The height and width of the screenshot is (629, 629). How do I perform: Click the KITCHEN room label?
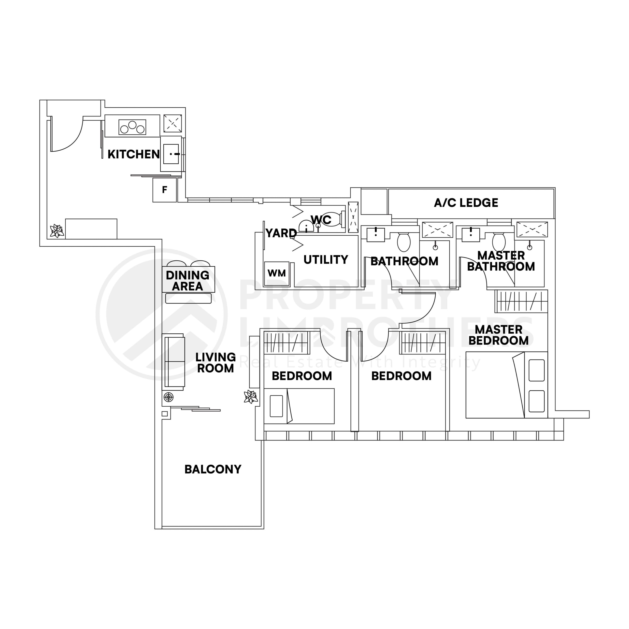(133, 154)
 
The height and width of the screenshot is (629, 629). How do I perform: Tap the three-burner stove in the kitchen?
(132, 127)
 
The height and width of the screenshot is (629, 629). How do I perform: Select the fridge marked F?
(165, 190)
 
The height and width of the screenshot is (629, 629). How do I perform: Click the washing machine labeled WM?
(277, 273)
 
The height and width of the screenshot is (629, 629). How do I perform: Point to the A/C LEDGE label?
(466, 203)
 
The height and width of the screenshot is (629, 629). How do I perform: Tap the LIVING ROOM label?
(215, 363)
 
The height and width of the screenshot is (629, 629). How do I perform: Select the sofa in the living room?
(174, 361)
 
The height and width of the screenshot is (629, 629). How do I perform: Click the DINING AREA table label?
(187, 281)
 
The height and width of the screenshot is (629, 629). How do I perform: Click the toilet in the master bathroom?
(499, 242)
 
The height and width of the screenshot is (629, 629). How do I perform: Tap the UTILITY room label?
(326, 259)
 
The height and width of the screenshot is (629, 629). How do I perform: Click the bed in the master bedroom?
(506, 385)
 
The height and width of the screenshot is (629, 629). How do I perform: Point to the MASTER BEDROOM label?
(499, 335)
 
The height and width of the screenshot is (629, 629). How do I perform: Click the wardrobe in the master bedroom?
(521, 301)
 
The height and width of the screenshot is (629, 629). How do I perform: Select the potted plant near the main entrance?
(57, 231)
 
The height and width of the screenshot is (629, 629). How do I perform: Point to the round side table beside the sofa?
(168, 397)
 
